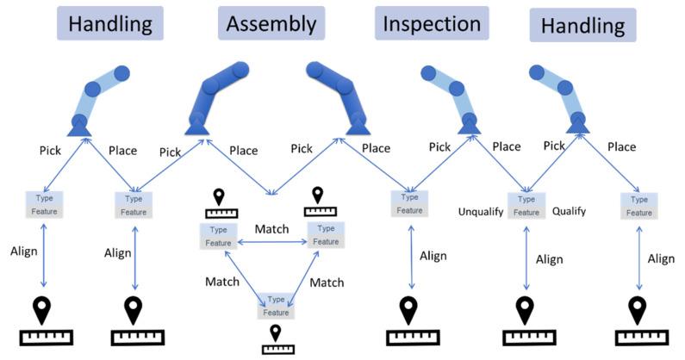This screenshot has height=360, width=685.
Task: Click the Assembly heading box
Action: pos(271,23)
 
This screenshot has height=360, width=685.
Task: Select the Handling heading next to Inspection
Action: pos(582,25)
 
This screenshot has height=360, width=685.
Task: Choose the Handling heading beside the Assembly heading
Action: pos(110,23)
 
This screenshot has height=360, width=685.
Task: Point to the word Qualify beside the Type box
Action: pos(569,210)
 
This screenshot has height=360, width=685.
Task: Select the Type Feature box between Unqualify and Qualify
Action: pos(526,205)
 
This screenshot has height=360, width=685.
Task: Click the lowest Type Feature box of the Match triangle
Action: pos(277,306)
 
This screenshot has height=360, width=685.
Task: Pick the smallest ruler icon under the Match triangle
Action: pos(277,348)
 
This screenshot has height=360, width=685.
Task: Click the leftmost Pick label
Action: pos(51,150)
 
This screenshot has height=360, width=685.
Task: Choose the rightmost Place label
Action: pos(622,146)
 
